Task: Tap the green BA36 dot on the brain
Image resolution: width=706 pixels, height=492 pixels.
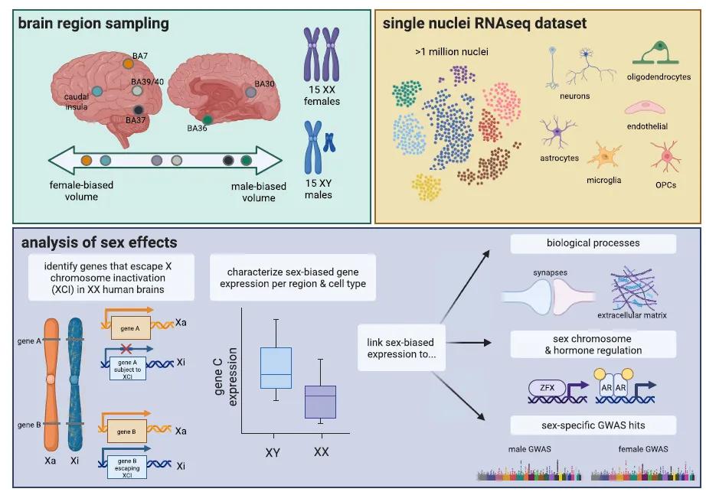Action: coord(208,120)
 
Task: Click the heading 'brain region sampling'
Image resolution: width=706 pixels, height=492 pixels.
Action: coord(93,24)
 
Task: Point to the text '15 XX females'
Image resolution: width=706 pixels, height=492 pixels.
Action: coord(321,96)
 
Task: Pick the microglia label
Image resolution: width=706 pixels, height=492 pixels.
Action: coord(605,181)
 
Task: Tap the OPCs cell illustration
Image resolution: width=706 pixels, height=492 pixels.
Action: coord(665,157)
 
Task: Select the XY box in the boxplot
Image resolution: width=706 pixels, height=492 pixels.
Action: coord(276,368)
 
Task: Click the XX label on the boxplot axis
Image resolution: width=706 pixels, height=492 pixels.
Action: coord(322,452)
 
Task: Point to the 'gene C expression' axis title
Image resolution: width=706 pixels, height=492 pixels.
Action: coord(225,375)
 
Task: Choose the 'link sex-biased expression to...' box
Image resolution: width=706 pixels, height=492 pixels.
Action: coord(401,347)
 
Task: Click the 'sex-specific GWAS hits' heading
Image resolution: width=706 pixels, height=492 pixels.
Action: coord(593,425)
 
